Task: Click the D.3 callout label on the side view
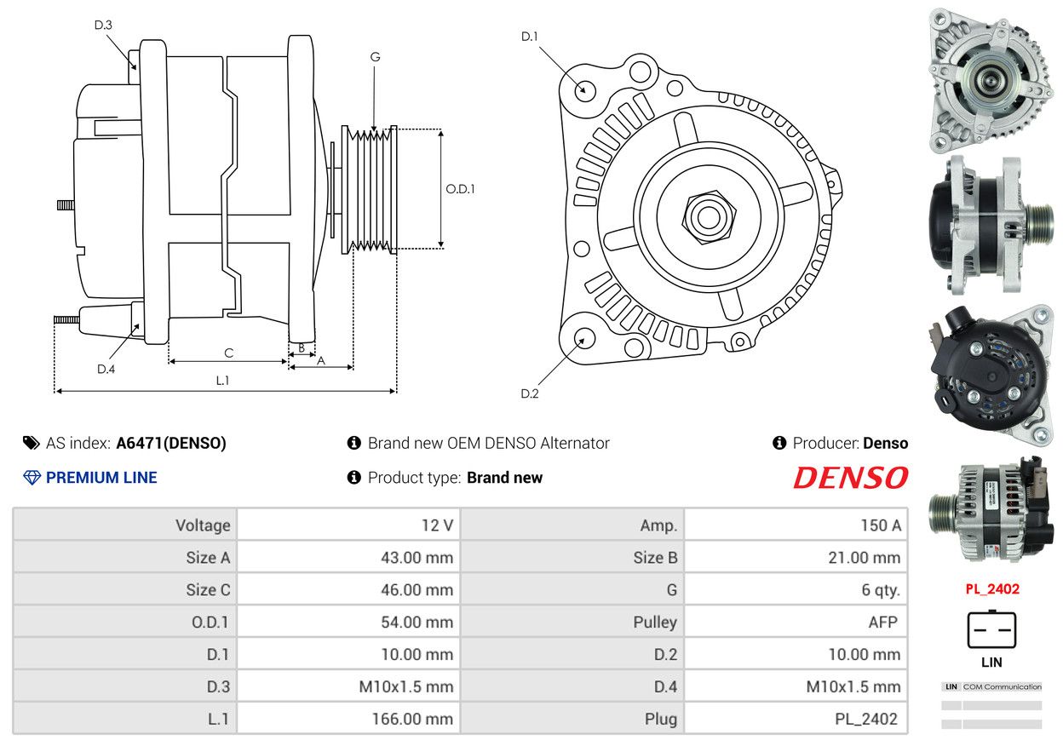click(103, 25)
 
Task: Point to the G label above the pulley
click(375, 57)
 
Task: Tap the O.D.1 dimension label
click(460, 189)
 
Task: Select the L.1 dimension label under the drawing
click(222, 380)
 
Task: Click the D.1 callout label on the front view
click(530, 37)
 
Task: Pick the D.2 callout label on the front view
click(530, 393)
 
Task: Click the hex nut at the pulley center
click(709, 217)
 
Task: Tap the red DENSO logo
click(850, 478)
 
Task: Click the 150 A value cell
click(796, 525)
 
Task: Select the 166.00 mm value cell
click(348, 719)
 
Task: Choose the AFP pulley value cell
click(796, 622)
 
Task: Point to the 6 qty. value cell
click(796, 589)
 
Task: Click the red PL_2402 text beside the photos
click(992, 589)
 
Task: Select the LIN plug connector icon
click(991, 630)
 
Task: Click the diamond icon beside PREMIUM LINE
click(32, 478)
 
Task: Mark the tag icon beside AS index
click(32, 443)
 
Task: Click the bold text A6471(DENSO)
click(171, 443)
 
